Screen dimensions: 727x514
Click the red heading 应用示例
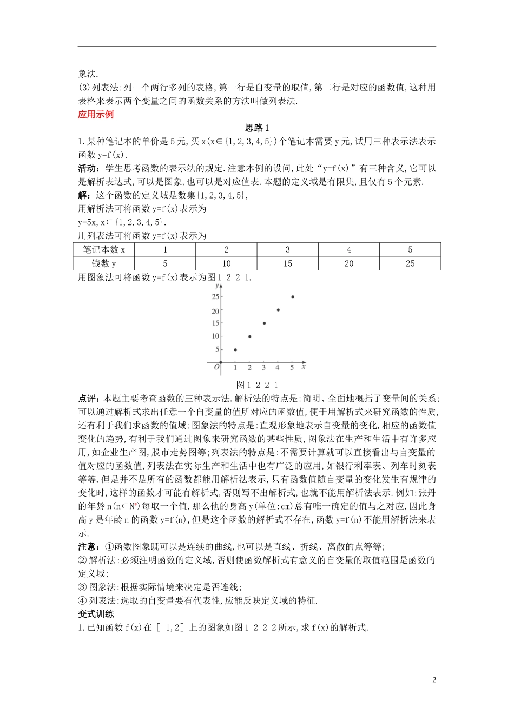tap(96, 115)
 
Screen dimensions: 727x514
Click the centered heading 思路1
tap(257, 128)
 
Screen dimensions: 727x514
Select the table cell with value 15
tap(287, 263)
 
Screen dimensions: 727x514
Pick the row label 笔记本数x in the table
tap(104, 250)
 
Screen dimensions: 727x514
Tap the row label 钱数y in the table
tap(104, 263)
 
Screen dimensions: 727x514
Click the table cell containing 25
tap(410, 263)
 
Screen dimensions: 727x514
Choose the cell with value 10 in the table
tap(226, 263)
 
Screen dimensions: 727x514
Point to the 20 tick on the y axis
tap(215, 311)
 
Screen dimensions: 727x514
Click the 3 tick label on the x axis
tap(263, 368)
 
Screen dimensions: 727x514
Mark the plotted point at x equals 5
tap(293, 296)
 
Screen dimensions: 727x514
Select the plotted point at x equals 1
tap(235, 349)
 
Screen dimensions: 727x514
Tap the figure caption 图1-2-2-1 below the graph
tap(257, 385)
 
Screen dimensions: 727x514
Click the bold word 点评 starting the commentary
tap(88, 399)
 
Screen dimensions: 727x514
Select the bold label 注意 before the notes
tap(88, 547)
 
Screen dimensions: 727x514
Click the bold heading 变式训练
tap(96, 614)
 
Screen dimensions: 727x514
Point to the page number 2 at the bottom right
tap(434, 680)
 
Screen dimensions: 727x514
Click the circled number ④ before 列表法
tap(82, 600)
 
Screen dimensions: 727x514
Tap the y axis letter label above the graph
tap(218, 285)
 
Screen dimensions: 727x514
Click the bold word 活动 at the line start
tap(88, 168)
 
